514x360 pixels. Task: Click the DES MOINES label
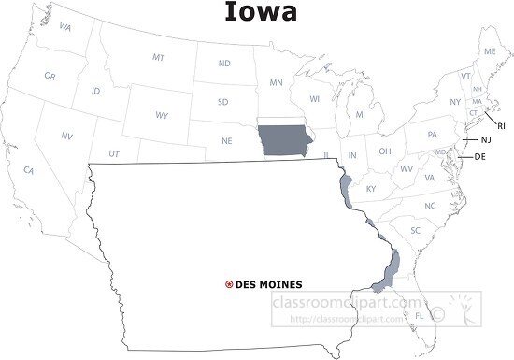(269, 284)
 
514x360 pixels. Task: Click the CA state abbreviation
(29, 170)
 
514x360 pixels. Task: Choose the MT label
(159, 58)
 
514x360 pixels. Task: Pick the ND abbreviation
(224, 64)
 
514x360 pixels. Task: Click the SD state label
(223, 102)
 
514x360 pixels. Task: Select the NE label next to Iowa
(227, 140)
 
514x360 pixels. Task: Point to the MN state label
(277, 83)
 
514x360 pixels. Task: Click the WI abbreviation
(315, 97)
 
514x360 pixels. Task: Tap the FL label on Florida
(420, 315)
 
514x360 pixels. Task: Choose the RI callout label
(501, 124)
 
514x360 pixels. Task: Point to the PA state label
(433, 135)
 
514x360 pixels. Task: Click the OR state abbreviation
(50, 75)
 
